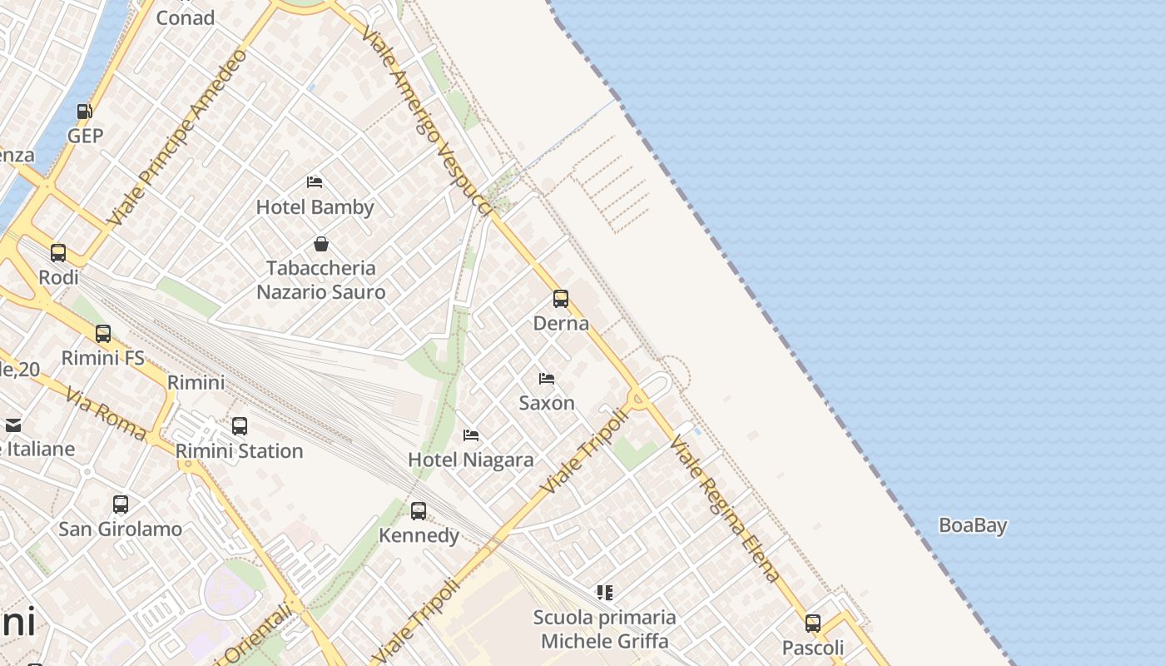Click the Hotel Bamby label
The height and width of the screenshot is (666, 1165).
click(x=315, y=207)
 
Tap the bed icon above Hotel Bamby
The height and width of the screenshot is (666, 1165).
click(x=315, y=181)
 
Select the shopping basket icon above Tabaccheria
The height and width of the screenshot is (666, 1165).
click(x=321, y=244)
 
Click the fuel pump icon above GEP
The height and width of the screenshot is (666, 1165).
click(x=84, y=112)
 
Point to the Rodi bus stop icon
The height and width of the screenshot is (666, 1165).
click(x=58, y=252)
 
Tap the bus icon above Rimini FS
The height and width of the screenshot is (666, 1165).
click(x=103, y=333)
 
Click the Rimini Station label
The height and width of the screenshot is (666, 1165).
click(x=240, y=451)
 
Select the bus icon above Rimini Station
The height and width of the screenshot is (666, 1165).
click(x=240, y=426)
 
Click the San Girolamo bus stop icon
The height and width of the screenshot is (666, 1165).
click(x=121, y=504)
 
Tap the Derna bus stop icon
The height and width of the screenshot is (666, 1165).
click(x=561, y=298)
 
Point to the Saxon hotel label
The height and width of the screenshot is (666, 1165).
click(x=547, y=403)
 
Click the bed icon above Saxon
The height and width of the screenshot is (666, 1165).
click(x=547, y=378)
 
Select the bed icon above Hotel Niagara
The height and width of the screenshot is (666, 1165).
click(x=471, y=435)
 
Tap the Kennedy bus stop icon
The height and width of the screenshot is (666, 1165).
click(x=419, y=510)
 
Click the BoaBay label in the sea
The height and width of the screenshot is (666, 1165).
click(x=973, y=525)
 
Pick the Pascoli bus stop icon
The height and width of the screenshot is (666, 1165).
click(x=813, y=623)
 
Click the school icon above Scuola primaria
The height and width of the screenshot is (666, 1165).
click(x=605, y=593)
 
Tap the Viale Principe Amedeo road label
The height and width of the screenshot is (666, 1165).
click(x=180, y=137)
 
